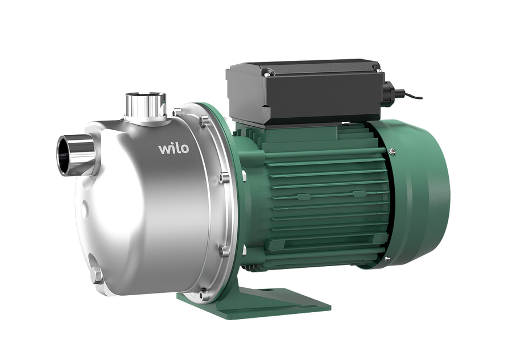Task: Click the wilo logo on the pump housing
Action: [x=174, y=148]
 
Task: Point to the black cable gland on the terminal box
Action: [x=388, y=89]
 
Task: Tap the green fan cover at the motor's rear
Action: [x=421, y=193]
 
